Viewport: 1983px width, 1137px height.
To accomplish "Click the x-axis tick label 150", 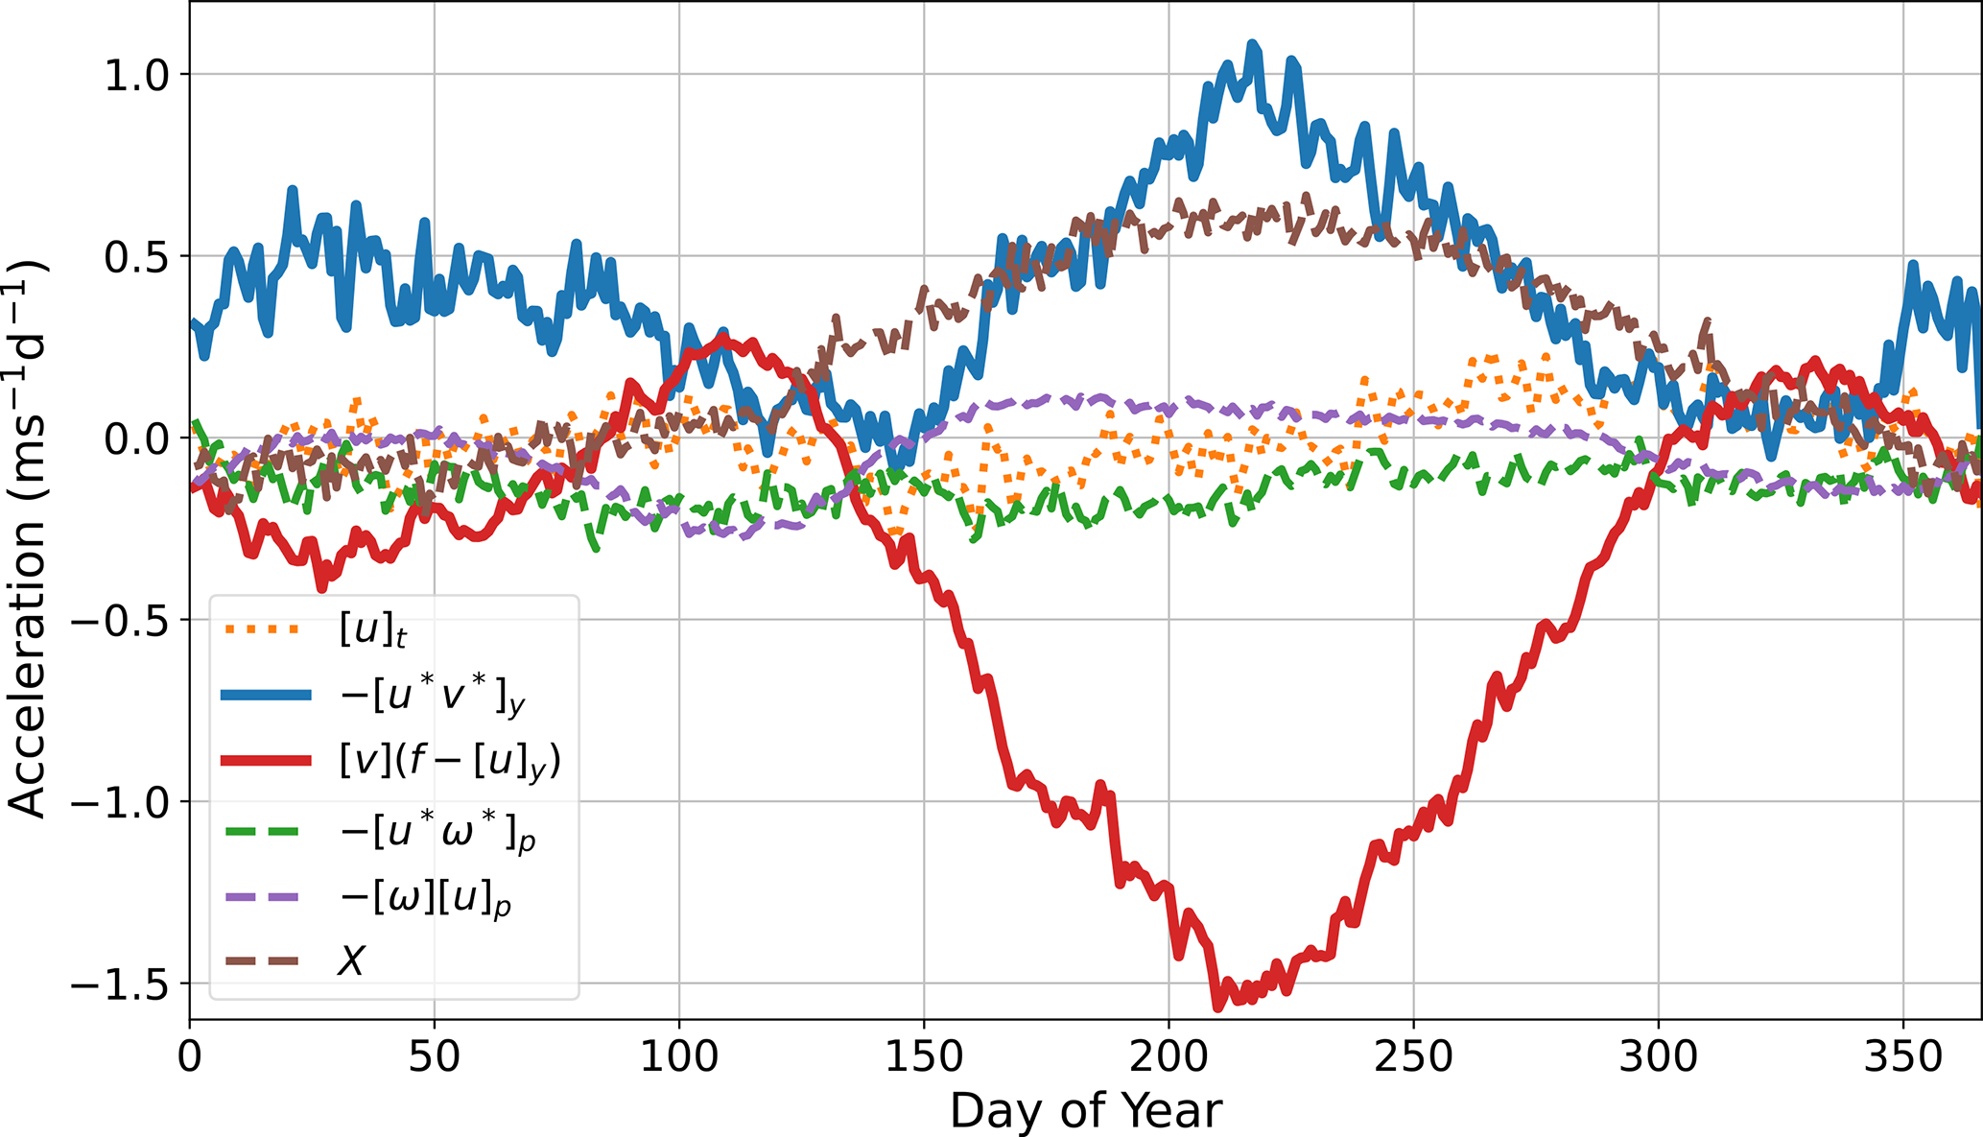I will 924,1056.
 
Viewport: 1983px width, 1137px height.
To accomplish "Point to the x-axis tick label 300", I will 1658,1056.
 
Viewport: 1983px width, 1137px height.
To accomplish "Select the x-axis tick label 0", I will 190,1056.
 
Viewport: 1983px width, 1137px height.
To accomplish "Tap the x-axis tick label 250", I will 1413,1056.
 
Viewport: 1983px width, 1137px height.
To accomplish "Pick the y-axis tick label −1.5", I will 124,983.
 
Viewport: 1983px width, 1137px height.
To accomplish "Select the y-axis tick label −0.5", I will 124,620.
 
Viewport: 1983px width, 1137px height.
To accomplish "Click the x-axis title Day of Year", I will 1085,1111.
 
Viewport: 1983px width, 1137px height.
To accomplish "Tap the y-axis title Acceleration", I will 27,537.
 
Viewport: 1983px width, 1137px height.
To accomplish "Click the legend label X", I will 351,960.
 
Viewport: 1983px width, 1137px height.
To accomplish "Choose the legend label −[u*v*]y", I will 433,696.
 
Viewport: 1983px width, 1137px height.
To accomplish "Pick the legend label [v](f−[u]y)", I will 449,761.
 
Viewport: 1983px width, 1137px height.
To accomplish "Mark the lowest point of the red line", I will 1217,1007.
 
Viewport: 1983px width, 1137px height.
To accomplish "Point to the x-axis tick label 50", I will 435,1056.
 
